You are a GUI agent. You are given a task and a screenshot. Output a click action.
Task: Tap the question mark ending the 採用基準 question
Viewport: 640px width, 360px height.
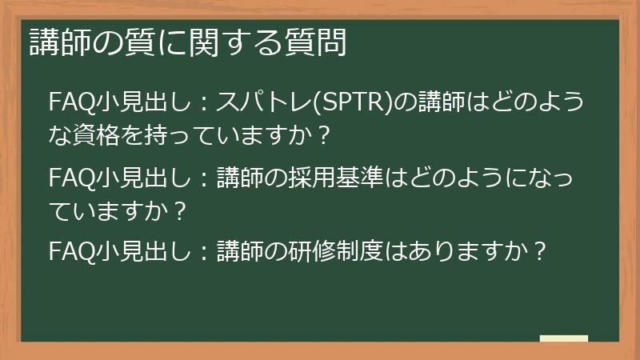tap(180, 210)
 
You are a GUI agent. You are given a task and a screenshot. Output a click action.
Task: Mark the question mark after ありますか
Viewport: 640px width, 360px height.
tap(540, 252)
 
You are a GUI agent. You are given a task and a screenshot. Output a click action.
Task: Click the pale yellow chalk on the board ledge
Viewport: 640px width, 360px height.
tap(563, 339)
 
